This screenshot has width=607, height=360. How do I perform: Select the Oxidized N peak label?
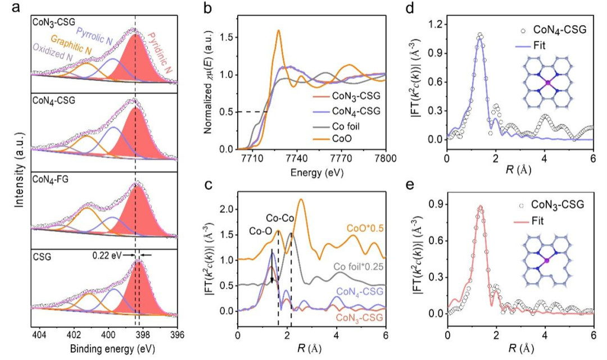52,57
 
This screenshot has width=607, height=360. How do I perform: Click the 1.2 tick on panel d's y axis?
433,24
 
